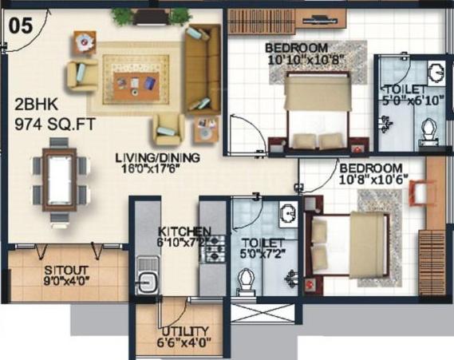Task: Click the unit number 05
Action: [21, 26]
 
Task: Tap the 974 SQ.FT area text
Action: [55, 125]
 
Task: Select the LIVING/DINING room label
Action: [158, 158]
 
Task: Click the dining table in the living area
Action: [60, 180]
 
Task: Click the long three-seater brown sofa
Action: [203, 69]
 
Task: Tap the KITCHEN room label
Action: [184, 231]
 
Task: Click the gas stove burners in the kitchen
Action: [215, 248]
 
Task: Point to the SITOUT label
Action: [66, 270]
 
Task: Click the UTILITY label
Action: [185, 331]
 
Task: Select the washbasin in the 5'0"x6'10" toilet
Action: [436, 73]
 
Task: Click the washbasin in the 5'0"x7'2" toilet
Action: [288, 214]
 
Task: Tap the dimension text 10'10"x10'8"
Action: [305, 60]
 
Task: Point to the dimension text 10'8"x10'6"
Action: [373, 180]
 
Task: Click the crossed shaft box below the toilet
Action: [263, 313]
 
